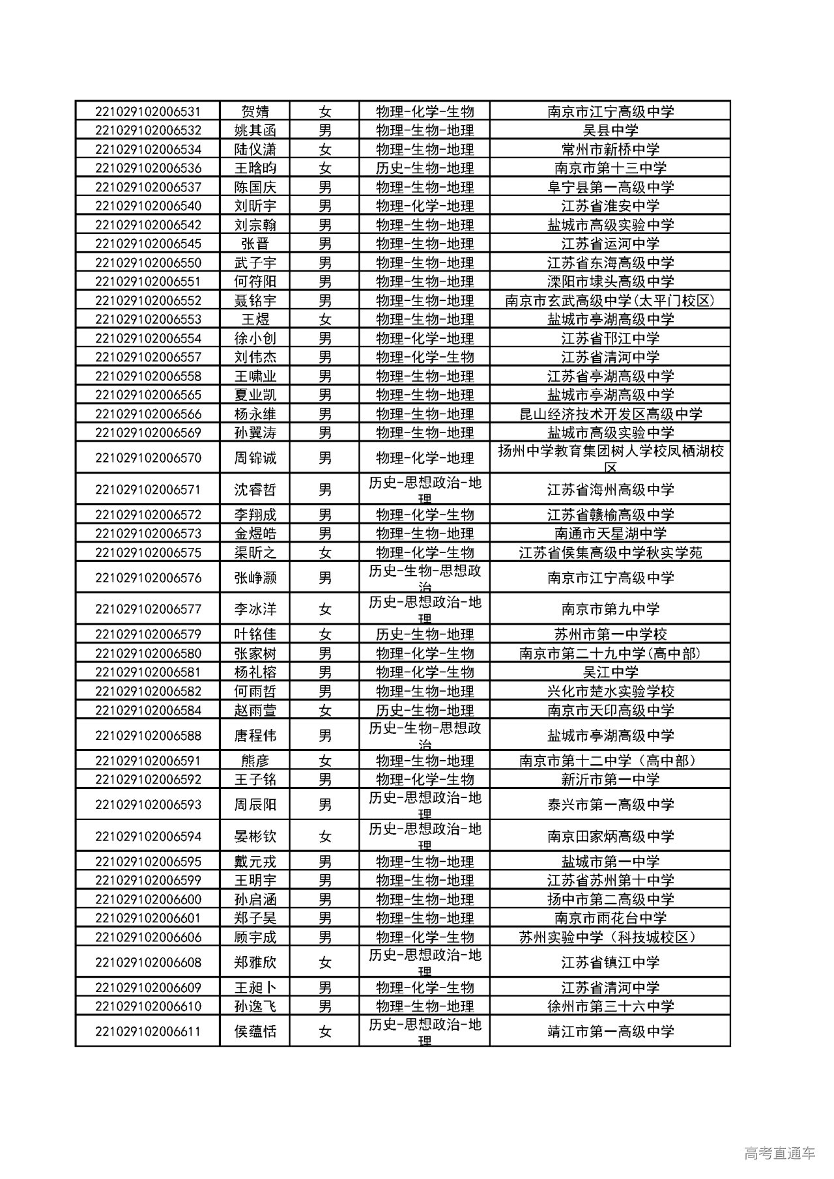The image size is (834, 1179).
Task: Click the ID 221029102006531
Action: tap(148, 111)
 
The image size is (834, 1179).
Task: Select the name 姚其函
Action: tap(255, 130)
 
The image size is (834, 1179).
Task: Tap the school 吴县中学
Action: tap(610, 130)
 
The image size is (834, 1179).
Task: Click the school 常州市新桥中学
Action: tap(610, 149)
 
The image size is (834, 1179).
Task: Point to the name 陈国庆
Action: tap(255, 187)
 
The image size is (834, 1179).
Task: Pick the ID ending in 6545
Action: tap(148, 244)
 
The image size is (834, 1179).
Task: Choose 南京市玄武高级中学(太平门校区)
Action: tap(610, 300)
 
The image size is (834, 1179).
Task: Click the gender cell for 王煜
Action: tap(324, 319)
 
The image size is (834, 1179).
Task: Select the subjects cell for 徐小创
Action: tap(424, 338)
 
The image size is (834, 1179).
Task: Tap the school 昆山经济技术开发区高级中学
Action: tap(610, 414)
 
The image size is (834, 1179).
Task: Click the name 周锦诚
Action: tap(255, 458)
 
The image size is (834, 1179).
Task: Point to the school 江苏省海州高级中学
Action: tap(610, 489)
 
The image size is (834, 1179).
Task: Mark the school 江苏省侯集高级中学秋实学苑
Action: tap(610, 552)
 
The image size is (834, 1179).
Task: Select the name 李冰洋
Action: tap(255, 609)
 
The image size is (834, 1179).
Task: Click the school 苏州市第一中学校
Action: tap(610, 634)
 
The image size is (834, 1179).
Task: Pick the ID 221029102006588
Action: tap(148, 735)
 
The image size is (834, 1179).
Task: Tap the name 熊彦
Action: tap(255, 760)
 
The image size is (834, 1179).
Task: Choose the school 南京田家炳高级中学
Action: tap(610, 836)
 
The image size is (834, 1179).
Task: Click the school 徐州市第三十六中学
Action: tap(610, 1006)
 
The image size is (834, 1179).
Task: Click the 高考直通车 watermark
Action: tap(779, 1153)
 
